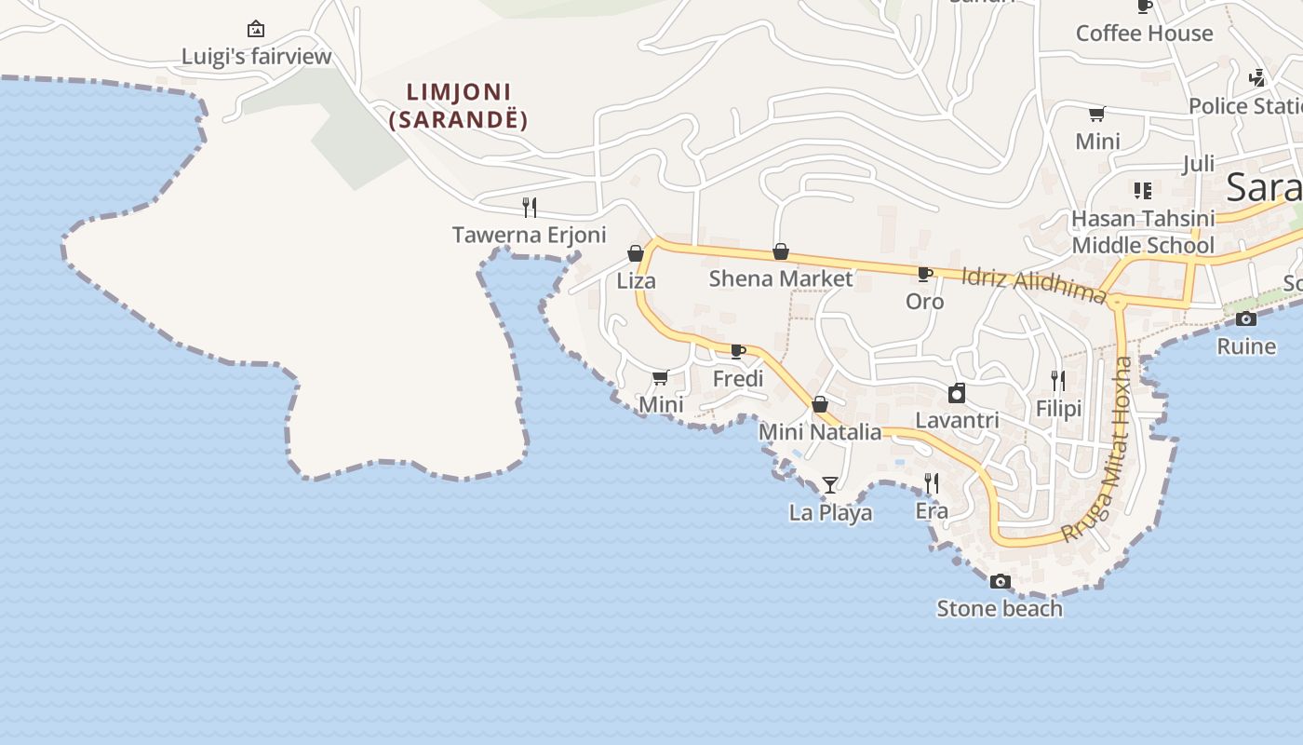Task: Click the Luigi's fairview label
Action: point(256,57)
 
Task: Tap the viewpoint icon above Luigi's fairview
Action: point(256,30)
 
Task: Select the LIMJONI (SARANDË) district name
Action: point(459,106)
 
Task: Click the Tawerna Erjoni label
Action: point(529,235)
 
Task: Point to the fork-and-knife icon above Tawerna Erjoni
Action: point(529,207)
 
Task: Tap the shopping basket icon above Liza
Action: point(636,253)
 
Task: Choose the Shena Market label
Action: point(780,278)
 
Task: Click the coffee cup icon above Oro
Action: point(924,274)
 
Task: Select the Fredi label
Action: point(738,379)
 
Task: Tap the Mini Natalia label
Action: point(820,432)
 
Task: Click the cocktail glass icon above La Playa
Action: point(830,484)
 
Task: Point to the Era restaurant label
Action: point(932,511)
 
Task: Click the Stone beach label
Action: point(1000,609)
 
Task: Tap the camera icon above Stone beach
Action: point(1000,582)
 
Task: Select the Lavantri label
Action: point(957,420)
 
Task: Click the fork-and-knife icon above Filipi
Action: point(1058,381)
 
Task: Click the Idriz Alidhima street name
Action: point(1033,286)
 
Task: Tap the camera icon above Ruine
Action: point(1246,319)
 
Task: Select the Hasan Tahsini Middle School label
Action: point(1143,232)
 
